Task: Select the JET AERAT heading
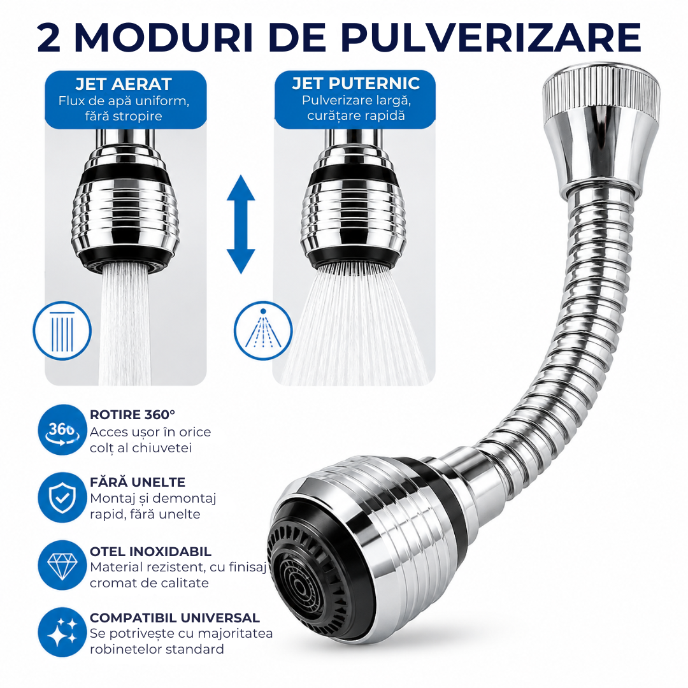[124, 84]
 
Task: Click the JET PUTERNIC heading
[356, 83]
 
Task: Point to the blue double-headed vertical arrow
[241, 224]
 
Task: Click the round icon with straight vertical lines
[62, 331]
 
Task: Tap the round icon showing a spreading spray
[263, 331]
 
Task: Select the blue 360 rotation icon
[62, 429]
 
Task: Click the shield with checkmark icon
[62, 497]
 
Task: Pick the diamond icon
[62, 565]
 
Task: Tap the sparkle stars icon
[62, 633]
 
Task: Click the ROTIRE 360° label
[133, 415]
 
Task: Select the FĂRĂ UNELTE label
[138, 482]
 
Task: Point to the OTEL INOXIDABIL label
[150, 552]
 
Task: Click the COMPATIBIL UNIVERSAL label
[175, 618]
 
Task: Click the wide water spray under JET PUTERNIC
[355, 325]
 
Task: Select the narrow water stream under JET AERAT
[125, 325]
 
